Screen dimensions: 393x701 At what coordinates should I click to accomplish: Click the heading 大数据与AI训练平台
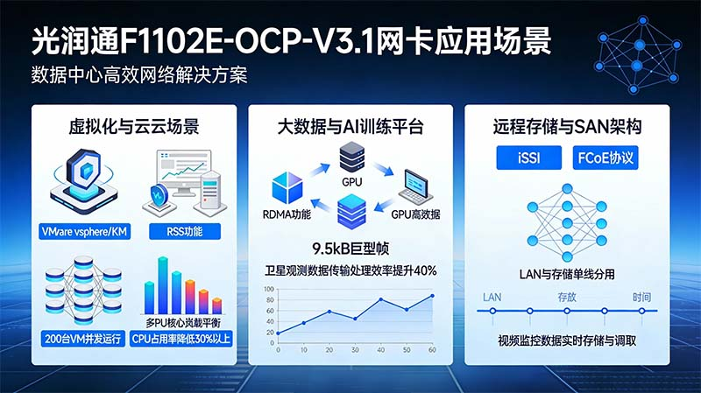pyautogui.click(x=350, y=127)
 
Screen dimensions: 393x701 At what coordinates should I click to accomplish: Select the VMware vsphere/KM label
pyautogui.click(x=85, y=232)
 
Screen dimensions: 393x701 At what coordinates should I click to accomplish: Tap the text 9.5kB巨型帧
pyautogui.click(x=350, y=248)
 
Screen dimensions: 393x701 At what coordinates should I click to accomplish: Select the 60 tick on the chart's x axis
pyautogui.click(x=432, y=350)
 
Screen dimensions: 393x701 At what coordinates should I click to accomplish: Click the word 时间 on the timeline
pyautogui.click(x=641, y=298)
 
